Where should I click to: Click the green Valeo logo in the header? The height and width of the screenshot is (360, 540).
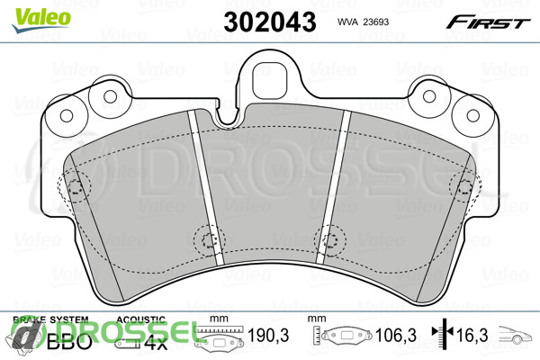click(41, 20)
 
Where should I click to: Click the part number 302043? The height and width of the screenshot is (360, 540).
click(270, 22)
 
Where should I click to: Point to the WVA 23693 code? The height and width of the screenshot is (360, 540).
click(363, 22)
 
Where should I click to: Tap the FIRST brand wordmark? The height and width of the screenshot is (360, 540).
click(488, 22)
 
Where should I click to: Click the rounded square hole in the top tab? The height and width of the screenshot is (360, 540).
click(270, 79)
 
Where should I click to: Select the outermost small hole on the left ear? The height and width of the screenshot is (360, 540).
click(67, 115)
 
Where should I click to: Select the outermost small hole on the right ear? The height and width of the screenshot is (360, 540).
click(473, 116)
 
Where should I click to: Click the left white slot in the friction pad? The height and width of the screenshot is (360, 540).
click(206, 188)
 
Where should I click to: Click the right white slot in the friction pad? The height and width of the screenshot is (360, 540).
click(333, 188)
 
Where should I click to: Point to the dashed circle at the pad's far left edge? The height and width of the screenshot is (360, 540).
click(75, 186)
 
